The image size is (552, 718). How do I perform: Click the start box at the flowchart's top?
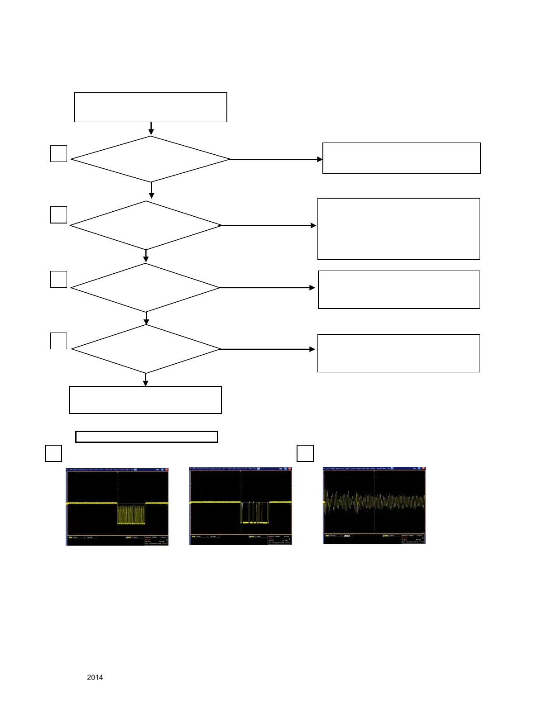click(x=150, y=107)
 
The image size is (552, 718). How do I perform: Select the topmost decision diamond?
click(x=150, y=159)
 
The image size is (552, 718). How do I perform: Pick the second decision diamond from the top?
click(x=146, y=225)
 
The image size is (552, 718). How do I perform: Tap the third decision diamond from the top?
click(x=145, y=288)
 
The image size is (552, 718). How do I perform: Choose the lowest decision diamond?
click(x=146, y=349)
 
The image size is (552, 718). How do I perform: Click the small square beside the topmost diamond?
click(x=58, y=153)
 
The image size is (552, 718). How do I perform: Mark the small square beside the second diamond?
click(x=58, y=214)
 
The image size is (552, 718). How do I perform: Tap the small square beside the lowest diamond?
click(x=58, y=341)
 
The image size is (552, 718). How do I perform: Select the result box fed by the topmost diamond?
click(x=401, y=158)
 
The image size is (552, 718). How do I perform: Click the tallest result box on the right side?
click(x=398, y=229)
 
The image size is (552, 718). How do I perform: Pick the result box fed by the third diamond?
click(x=399, y=290)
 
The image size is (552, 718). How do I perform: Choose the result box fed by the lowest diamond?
click(x=398, y=353)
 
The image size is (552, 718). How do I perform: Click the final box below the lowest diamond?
click(x=145, y=400)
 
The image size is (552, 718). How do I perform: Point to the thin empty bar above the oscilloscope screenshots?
click(x=146, y=437)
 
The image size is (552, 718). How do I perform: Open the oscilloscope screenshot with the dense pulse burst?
click(x=117, y=507)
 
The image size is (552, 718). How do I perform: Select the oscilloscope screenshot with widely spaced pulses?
click(x=240, y=507)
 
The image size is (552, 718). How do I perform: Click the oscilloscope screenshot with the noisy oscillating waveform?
click(x=374, y=505)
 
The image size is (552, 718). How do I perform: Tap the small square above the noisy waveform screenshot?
click(x=305, y=453)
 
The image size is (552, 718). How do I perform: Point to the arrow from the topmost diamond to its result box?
click(x=276, y=159)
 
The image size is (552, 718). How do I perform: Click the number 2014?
click(x=95, y=677)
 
